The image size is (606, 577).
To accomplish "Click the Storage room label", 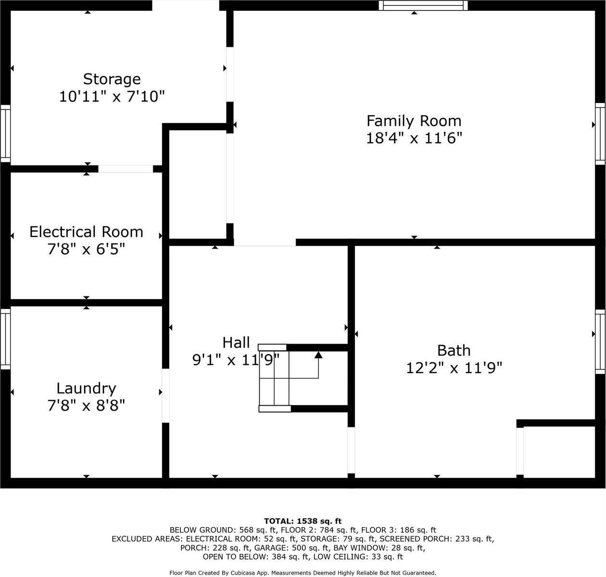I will pyautogui.click(x=112, y=79).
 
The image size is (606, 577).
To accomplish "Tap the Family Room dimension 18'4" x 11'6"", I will pyautogui.click(x=414, y=139).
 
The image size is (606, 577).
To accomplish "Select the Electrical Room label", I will pyautogui.click(x=86, y=232).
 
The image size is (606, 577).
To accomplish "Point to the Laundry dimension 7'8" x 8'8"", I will pyautogui.click(x=86, y=406).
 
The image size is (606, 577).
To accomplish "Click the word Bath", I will pyautogui.click(x=454, y=350).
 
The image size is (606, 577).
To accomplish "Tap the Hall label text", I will pyautogui.click(x=236, y=343).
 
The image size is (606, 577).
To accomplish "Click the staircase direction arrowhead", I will pyautogui.click(x=318, y=355).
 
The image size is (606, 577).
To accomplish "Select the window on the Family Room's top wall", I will pyautogui.click(x=423, y=5).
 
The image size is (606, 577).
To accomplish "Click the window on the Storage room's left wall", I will pyautogui.click(x=5, y=133).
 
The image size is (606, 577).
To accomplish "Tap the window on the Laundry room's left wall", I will pyautogui.click(x=5, y=339).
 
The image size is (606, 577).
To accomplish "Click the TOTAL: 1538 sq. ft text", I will pyautogui.click(x=303, y=521).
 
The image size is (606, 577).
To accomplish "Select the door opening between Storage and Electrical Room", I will pyautogui.click(x=126, y=169).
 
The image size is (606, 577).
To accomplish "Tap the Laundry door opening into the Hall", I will pyautogui.click(x=165, y=395).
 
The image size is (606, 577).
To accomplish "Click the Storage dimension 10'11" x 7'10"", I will pyautogui.click(x=112, y=97).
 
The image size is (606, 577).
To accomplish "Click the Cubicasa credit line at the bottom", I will pyautogui.click(x=303, y=573).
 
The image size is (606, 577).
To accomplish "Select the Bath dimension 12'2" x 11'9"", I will pyautogui.click(x=454, y=368).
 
